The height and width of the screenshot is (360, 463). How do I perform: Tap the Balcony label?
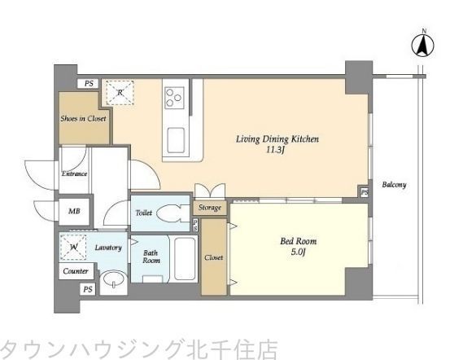(395, 185)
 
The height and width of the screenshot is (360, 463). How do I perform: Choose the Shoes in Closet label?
(83, 118)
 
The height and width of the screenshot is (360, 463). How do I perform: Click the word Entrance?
(75, 173)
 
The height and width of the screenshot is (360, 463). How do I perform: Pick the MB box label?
(74, 211)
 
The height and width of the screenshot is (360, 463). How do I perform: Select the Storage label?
(210, 209)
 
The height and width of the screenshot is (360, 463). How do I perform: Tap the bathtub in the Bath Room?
(183, 259)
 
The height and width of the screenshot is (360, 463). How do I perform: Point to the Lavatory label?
(107, 245)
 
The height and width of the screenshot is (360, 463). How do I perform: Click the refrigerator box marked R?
(120, 94)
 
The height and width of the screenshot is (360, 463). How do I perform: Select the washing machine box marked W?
(75, 247)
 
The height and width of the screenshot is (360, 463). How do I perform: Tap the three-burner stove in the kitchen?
(174, 99)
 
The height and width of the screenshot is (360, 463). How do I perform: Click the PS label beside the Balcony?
(364, 192)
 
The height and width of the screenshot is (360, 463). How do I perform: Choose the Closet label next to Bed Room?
(215, 257)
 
